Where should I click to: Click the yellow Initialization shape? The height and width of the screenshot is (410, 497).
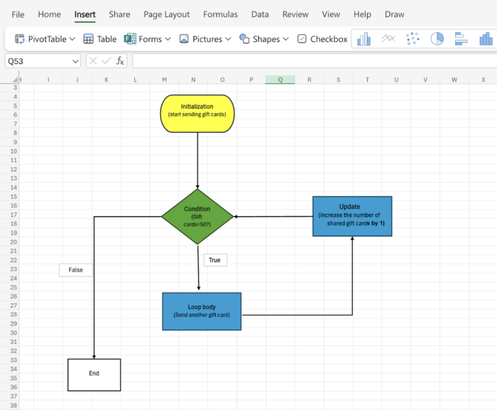click(x=197, y=114)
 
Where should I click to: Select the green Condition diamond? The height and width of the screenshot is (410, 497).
click(x=197, y=217)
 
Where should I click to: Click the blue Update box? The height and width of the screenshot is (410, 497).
click(x=352, y=216)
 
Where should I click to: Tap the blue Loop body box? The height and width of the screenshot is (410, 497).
click(x=202, y=311)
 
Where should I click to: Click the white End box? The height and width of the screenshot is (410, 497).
click(x=94, y=374)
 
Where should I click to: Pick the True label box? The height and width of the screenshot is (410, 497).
click(x=214, y=260)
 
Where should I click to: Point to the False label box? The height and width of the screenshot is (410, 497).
click(x=75, y=270)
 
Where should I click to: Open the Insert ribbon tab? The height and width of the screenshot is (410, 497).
click(x=85, y=14)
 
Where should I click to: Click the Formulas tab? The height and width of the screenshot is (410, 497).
click(x=220, y=14)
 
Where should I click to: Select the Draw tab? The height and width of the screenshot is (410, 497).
click(x=394, y=14)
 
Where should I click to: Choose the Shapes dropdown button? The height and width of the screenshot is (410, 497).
click(x=264, y=39)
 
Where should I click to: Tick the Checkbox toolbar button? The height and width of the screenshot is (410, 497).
click(x=322, y=39)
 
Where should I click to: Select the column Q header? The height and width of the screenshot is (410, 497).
click(x=280, y=80)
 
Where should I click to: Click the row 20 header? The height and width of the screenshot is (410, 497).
click(x=13, y=242)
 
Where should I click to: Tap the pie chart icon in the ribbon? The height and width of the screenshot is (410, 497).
click(x=437, y=39)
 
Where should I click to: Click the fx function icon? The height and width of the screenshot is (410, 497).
click(x=120, y=61)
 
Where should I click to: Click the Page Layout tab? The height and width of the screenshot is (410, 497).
click(x=166, y=14)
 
